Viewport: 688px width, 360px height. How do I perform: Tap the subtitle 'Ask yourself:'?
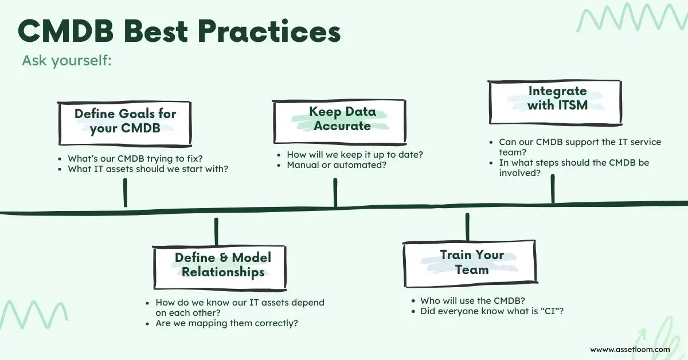click(x=67, y=61)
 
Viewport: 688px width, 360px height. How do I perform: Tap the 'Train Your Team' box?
click(x=471, y=262)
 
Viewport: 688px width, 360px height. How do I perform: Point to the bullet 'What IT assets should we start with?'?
click(x=148, y=169)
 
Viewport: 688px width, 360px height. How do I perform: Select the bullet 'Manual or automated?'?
click(x=337, y=165)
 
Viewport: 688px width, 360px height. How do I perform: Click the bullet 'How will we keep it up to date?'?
click(x=359, y=155)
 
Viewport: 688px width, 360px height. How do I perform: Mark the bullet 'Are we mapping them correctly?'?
click(x=226, y=323)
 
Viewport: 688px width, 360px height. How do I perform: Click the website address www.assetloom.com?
click(x=630, y=349)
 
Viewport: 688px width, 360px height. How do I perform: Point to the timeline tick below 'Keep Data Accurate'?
click(x=335, y=193)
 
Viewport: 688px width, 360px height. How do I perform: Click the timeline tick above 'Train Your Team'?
click(x=467, y=227)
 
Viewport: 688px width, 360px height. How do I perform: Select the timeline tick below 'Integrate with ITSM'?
click(x=553, y=189)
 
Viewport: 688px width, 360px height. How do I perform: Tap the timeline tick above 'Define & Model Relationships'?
click(x=216, y=231)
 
